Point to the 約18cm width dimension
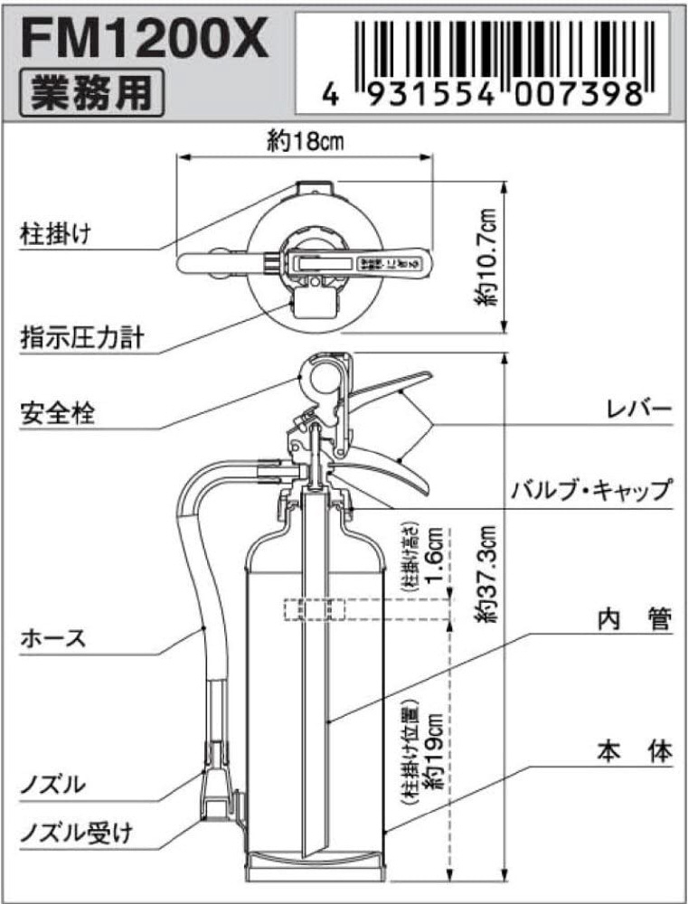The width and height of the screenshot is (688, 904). pyautogui.click(x=303, y=142)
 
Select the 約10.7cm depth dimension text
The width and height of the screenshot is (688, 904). pyautogui.click(x=489, y=257)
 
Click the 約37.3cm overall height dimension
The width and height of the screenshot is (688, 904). pyautogui.click(x=489, y=573)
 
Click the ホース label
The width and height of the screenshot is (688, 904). pyautogui.click(x=52, y=637)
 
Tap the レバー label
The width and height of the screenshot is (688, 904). pyautogui.click(x=639, y=410)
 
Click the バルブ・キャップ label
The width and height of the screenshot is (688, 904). pyautogui.click(x=589, y=491)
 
